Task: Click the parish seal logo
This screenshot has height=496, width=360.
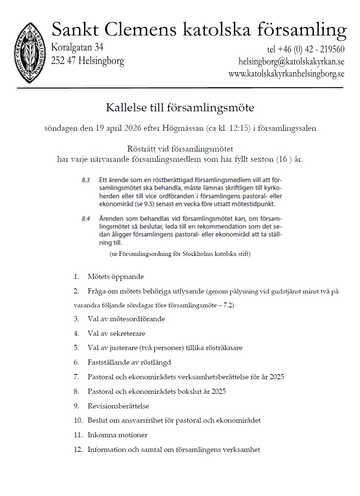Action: [x=30, y=53]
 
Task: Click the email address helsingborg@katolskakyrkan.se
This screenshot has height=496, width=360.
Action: [x=291, y=61]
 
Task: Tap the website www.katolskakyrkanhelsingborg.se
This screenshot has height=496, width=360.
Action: [x=286, y=74]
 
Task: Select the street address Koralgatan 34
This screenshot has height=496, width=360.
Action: [x=77, y=47]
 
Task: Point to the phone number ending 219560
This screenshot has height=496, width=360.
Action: [x=306, y=49]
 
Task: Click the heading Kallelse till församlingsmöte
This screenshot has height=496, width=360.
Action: [x=180, y=108]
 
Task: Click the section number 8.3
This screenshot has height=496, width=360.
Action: [x=86, y=180]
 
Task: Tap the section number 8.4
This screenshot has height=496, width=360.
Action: [x=86, y=219]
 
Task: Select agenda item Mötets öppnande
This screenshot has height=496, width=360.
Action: [x=115, y=277]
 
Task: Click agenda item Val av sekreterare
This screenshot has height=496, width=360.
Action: [x=116, y=333]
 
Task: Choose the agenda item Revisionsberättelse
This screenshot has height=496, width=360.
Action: [x=118, y=406]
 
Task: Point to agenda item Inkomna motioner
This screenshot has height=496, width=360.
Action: [x=117, y=435]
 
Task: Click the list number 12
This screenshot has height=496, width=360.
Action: [x=78, y=449]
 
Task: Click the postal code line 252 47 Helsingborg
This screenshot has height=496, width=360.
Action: [x=87, y=61]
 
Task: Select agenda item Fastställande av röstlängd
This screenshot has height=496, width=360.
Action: [x=129, y=362]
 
